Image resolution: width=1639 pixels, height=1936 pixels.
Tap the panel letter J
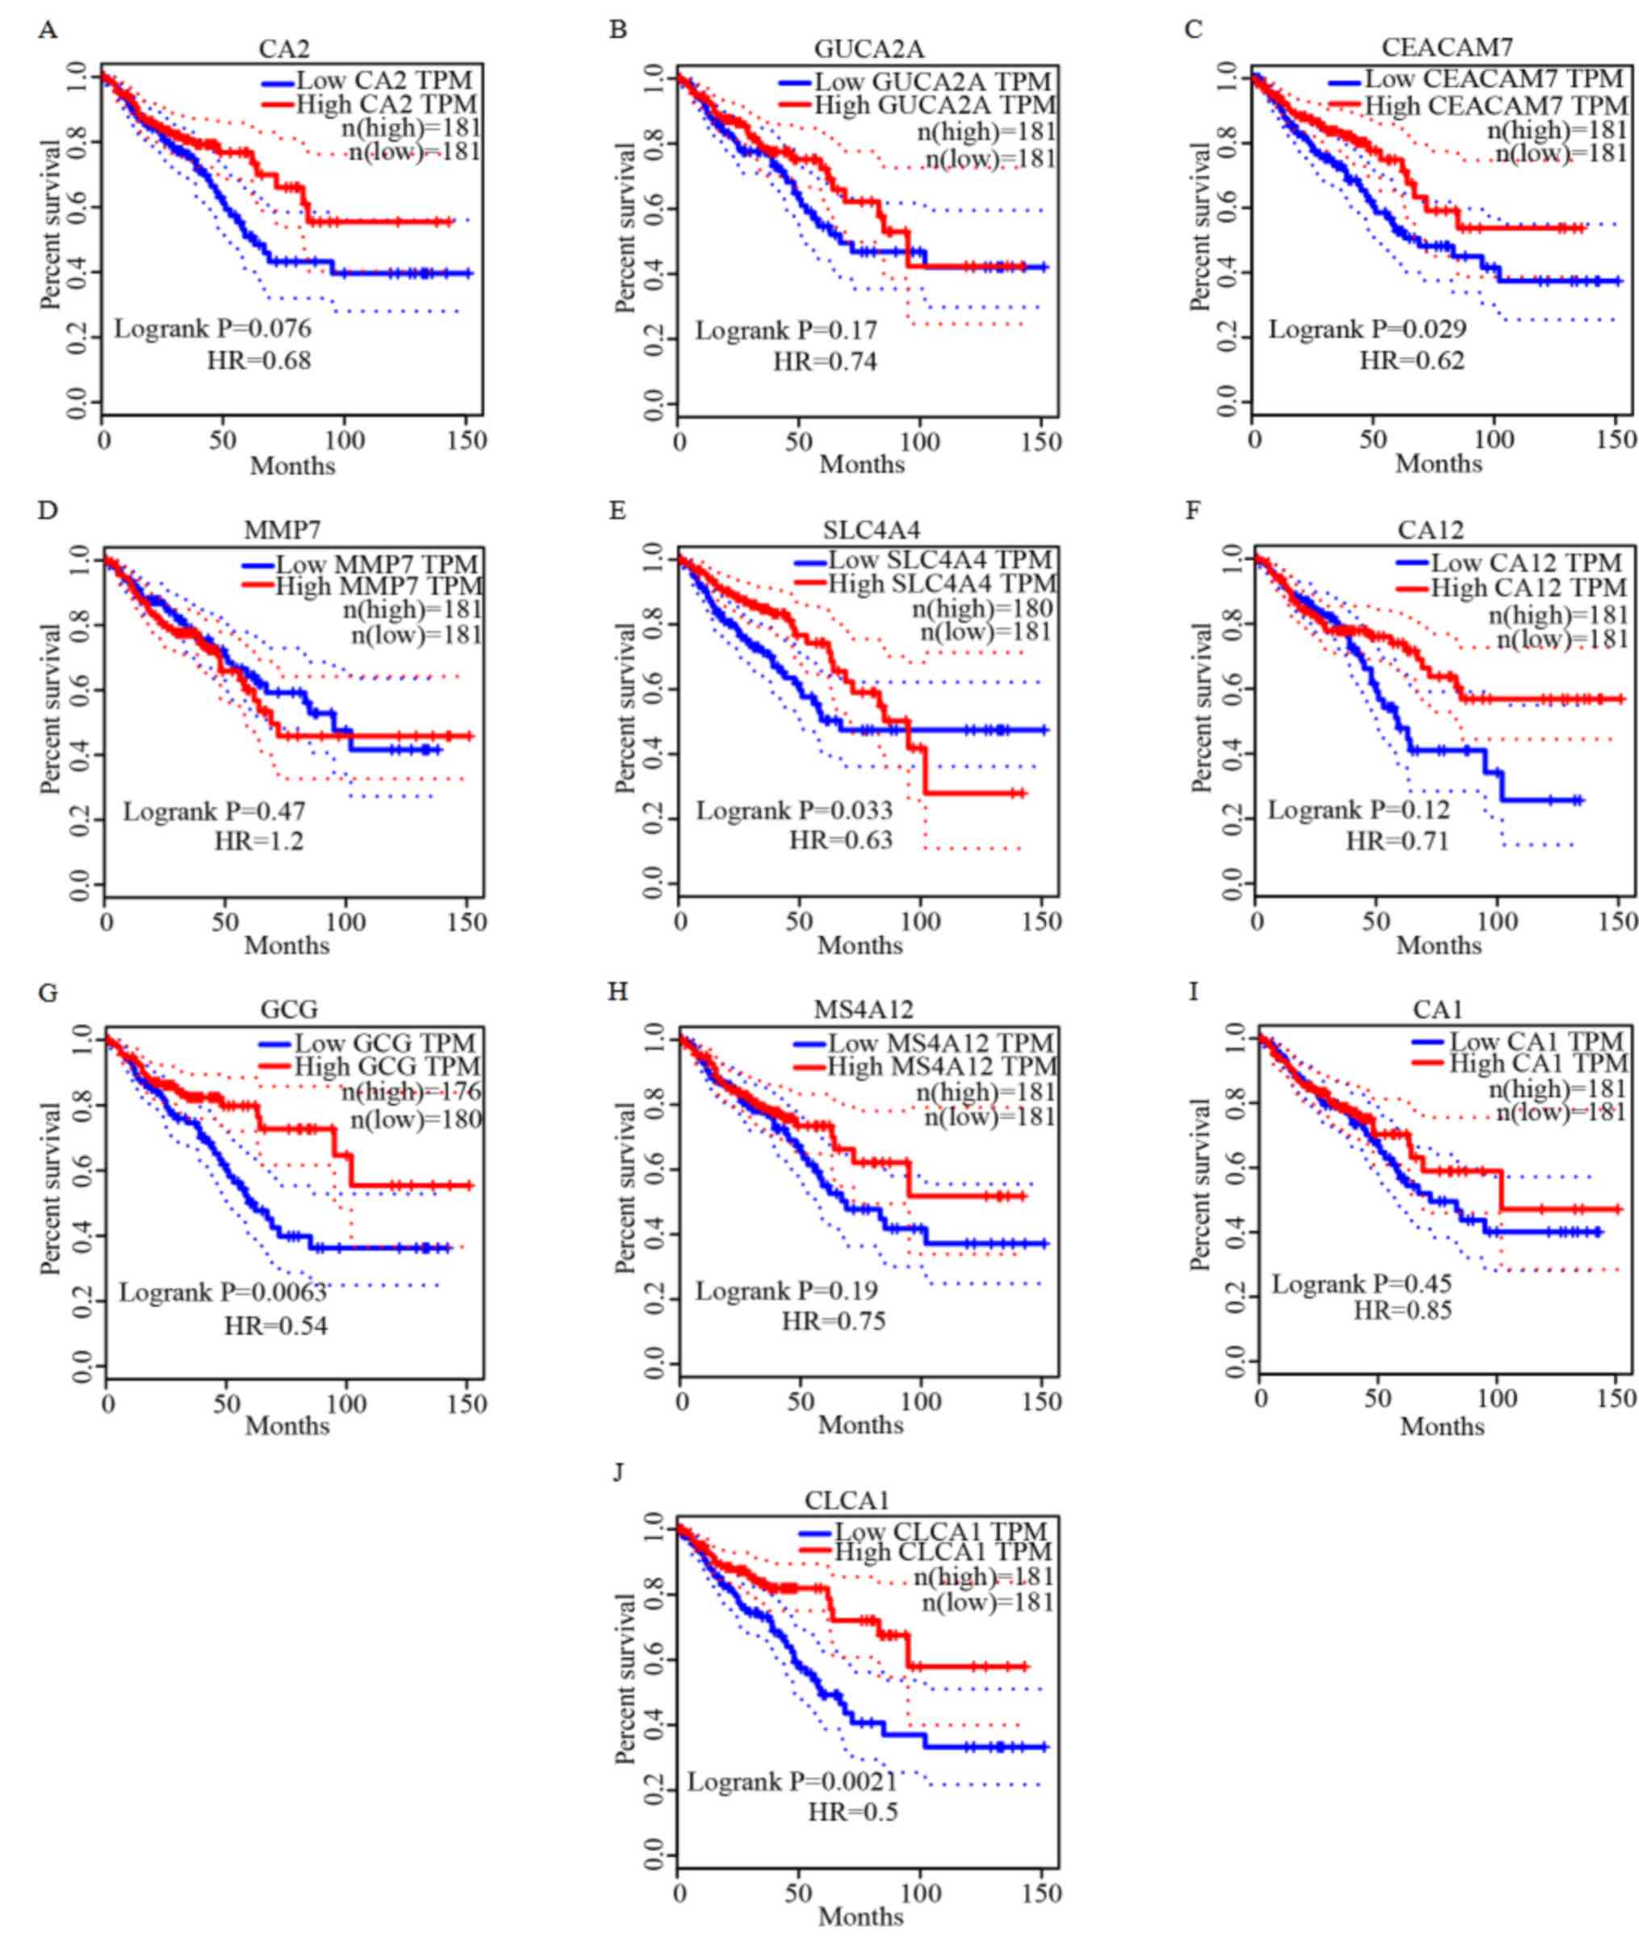pyautogui.click(x=618, y=1473)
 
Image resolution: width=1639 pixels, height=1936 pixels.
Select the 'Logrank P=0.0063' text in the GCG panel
pyautogui.click(x=222, y=1292)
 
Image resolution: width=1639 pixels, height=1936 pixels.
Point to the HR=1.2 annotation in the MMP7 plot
pyautogui.click(x=259, y=842)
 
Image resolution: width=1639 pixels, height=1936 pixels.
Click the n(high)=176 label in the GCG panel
pyautogui.click(x=411, y=1092)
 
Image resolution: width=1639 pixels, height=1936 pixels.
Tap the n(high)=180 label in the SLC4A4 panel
pyautogui.click(x=983, y=608)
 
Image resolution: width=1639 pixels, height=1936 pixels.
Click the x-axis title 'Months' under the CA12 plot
pyautogui.click(x=1438, y=946)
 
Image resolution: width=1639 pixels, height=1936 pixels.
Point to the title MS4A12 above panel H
pyautogui.click(x=863, y=1009)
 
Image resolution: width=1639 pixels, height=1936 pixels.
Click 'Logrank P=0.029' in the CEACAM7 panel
pyautogui.click(x=1368, y=330)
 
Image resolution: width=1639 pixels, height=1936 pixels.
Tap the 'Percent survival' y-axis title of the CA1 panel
pyautogui.click(x=1201, y=1185)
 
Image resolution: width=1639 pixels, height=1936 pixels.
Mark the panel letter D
pyautogui.click(x=47, y=511)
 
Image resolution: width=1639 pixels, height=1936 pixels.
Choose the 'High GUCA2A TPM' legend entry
pyautogui.click(x=934, y=106)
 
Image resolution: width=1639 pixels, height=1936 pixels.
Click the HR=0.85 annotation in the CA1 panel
pyautogui.click(x=1402, y=1311)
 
